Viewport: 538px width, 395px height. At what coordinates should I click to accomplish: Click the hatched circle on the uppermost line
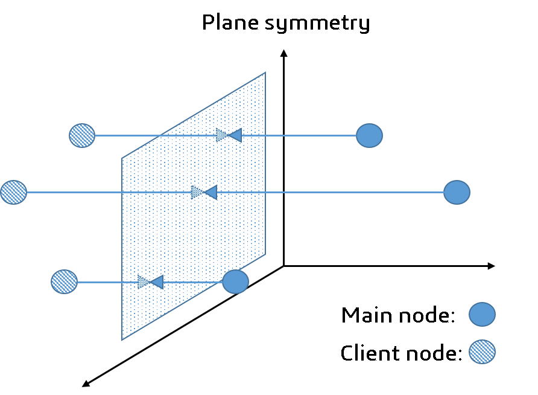coord(82,135)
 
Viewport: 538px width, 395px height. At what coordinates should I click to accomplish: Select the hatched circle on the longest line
coord(13,192)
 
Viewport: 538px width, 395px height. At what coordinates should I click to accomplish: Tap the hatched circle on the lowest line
coord(64,281)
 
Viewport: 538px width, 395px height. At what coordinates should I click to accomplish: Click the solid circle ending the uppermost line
coord(369,135)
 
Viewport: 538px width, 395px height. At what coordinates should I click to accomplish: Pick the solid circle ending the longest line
coord(457,192)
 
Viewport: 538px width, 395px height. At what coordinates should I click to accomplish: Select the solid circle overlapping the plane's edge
coord(235,281)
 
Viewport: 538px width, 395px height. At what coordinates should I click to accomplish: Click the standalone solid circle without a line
coord(482,314)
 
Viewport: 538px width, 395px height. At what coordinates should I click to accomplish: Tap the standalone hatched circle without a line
coord(482,352)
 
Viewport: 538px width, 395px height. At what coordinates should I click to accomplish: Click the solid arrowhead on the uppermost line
coord(235,135)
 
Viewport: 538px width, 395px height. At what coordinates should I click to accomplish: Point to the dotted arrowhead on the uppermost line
coord(221,135)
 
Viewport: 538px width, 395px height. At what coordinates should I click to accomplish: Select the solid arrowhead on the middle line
coord(210,192)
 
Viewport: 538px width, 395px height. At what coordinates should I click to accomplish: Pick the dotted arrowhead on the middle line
coord(197,192)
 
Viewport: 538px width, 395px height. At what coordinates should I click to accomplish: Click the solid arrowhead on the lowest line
coord(157,281)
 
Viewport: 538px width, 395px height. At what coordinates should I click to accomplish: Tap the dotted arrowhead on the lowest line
coord(143,281)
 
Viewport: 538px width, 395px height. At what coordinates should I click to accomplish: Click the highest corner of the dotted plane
coord(265,73)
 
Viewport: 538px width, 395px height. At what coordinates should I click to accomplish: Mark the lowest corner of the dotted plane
coord(122,339)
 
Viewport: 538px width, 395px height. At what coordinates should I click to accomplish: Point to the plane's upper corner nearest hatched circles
coord(122,159)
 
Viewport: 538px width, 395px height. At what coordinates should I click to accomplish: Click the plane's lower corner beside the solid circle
coord(265,254)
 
